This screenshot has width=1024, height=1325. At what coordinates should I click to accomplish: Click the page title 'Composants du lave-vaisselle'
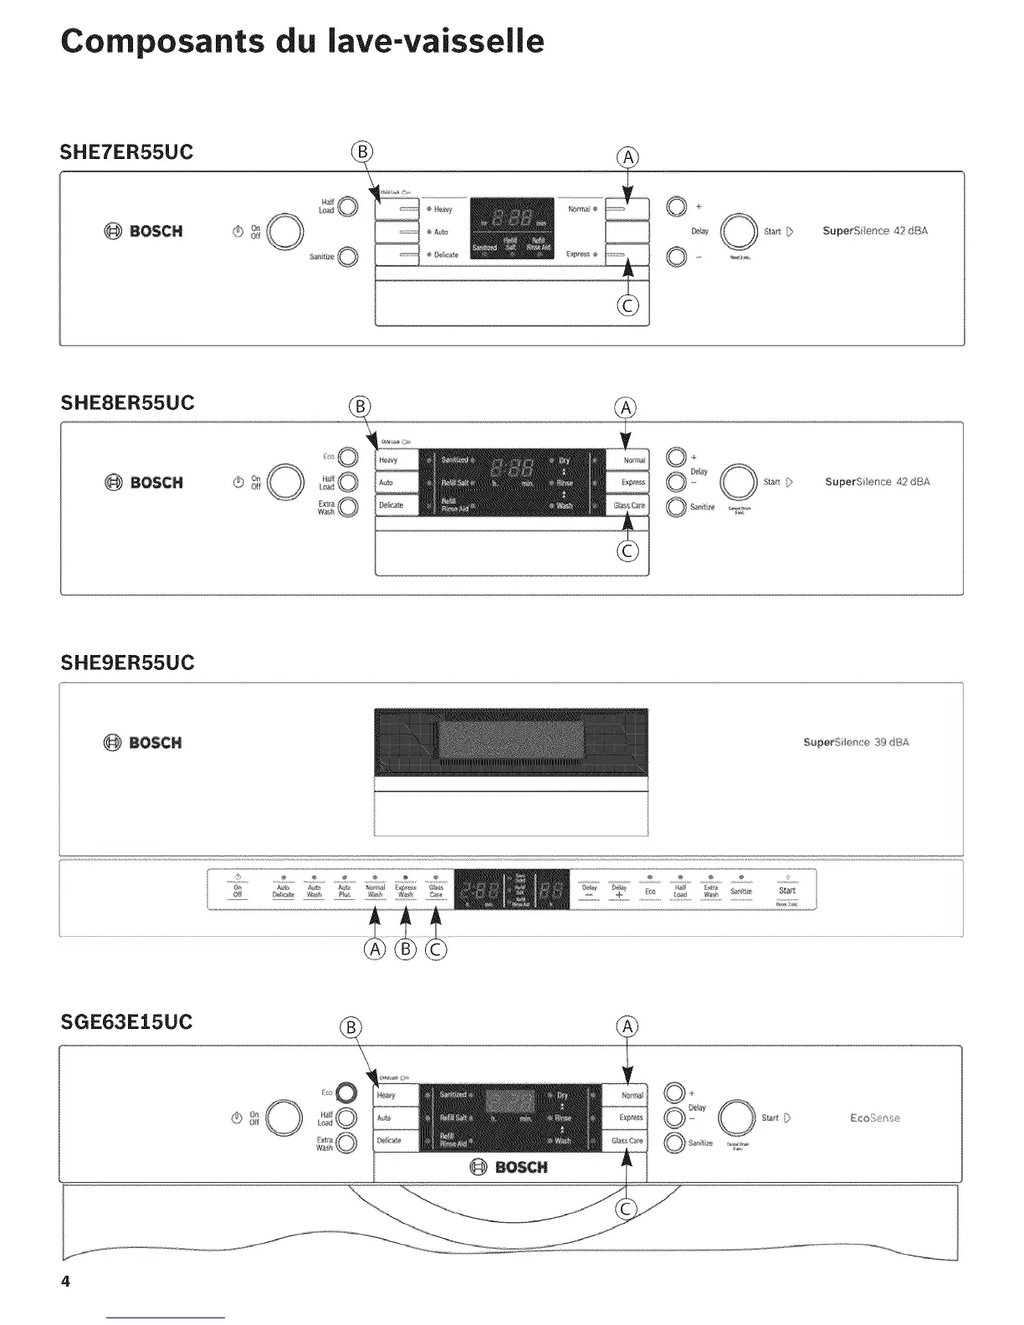click(302, 40)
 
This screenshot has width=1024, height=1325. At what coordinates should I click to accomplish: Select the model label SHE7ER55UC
click(126, 152)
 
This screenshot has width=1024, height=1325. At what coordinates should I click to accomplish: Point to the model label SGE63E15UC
click(126, 1021)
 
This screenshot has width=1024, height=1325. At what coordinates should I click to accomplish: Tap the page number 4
click(66, 1282)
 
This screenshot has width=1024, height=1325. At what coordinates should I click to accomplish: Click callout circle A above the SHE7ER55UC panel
click(627, 158)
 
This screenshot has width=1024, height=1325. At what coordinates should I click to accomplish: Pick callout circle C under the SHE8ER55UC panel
click(627, 551)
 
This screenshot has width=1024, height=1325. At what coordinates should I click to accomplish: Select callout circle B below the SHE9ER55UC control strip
click(406, 949)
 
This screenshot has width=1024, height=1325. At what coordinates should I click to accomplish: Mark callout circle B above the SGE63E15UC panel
click(352, 1028)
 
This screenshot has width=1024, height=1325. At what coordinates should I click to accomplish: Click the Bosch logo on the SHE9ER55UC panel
click(143, 743)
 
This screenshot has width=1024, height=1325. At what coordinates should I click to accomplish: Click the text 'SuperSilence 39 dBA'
click(855, 742)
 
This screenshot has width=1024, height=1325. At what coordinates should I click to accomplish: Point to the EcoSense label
click(874, 1118)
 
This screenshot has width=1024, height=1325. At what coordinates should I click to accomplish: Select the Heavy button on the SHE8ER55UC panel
click(396, 460)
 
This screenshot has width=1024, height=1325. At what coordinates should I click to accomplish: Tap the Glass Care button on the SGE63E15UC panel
click(626, 1140)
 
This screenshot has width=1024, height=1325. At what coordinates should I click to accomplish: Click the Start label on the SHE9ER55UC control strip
click(786, 892)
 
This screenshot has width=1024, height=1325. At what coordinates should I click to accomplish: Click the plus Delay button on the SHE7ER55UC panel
click(676, 207)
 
